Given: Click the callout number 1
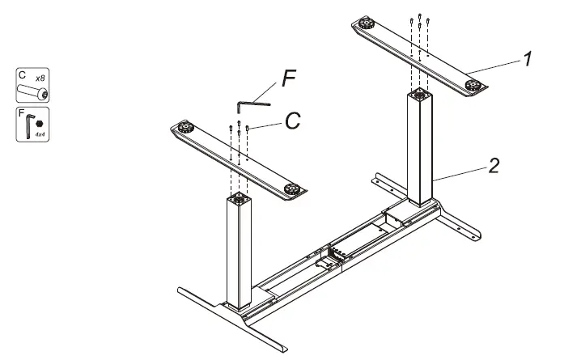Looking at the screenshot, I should [x=527, y=59].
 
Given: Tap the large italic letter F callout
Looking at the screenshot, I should [x=290, y=80].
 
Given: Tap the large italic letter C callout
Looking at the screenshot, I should [x=292, y=121].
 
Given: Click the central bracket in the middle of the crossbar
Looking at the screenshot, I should [x=330, y=260].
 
